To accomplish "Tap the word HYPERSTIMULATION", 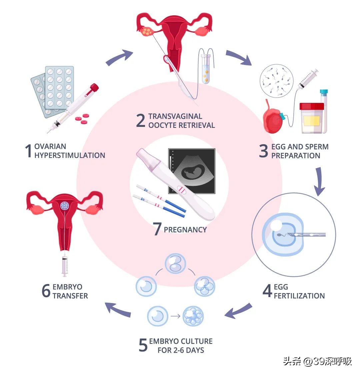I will pos(70,155).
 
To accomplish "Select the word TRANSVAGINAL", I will pos(175,116).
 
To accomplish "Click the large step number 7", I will pos(157,229).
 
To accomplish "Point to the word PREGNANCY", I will pos(185,229).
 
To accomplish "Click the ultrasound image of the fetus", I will pos(192,171).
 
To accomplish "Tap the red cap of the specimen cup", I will pos(311,107).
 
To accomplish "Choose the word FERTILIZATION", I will pos(299,296).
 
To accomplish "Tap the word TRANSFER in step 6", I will pos(70,296).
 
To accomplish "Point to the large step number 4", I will pos(267,291).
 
